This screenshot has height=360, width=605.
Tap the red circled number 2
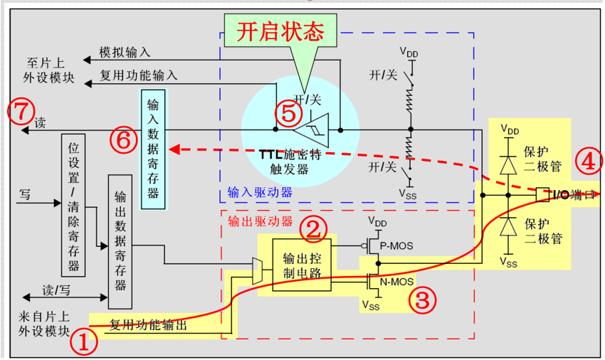click(x=313, y=229)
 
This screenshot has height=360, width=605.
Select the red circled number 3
click(x=423, y=300)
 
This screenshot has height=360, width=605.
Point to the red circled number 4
click(x=589, y=162)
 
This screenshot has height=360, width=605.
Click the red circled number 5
click(x=289, y=113)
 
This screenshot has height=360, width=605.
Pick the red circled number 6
click(x=124, y=139)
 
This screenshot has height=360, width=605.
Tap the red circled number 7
click(x=21, y=111)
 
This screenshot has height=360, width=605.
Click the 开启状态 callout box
click(x=280, y=31)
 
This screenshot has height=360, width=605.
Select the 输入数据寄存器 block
click(x=153, y=149)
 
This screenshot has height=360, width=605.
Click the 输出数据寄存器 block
click(x=120, y=242)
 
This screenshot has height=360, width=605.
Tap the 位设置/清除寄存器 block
click(x=73, y=206)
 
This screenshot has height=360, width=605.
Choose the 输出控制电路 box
click(x=302, y=265)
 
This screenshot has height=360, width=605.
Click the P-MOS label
click(x=396, y=245)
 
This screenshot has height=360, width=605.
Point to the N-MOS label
click(x=396, y=282)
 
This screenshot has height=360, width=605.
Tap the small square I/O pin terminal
click(x=543, y=194)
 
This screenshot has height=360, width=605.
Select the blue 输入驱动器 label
click(x=260, y=192)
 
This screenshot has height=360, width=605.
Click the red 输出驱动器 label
click(x=261, y=221)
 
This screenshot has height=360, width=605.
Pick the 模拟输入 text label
click(x=125, y=52)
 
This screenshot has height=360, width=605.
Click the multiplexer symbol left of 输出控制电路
click(x=258, y=271)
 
